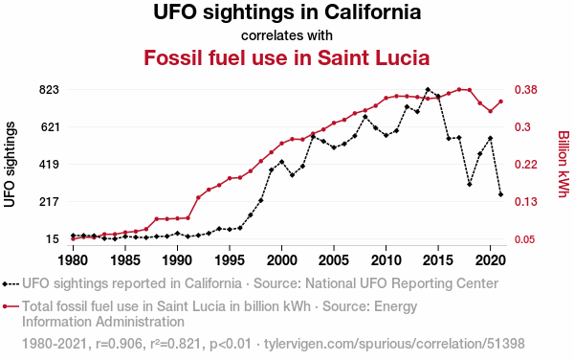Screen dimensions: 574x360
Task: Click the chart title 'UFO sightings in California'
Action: click(x=287, y=12)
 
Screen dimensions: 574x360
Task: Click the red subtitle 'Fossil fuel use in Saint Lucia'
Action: click(x=287, y=57)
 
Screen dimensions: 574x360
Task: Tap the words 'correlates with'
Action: click(x=287, y=35)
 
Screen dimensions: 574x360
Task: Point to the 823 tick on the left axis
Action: click(x=49, y=89)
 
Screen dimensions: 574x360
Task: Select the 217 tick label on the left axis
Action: click(x=49, y=201)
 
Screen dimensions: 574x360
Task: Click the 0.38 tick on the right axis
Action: click(x=525, y=89)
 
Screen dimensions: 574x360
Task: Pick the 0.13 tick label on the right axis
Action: click(x=525, y=201)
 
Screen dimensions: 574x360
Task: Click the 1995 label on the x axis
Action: click(x=230, y=260)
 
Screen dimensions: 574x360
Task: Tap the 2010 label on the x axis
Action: click(x=386, y=260)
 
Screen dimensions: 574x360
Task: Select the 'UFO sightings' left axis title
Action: click(x=10, y=165)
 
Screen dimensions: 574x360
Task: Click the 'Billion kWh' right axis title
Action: click(x=563, y=164)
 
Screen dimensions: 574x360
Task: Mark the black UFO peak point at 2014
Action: click(x=428, y=89)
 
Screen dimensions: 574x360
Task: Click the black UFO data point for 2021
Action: click(x=500, y=194)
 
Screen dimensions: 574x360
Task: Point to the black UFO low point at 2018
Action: click(x=470, y=184)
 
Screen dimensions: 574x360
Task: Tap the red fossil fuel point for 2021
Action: click(x=500, y=101)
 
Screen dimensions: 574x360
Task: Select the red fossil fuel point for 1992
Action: click(x=198, y=198)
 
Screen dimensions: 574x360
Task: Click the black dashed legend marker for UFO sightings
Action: click(x=11, y=283)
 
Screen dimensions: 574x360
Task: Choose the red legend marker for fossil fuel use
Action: click(x=11, y=306)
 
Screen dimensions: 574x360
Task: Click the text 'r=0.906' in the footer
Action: click(x=119, y=344)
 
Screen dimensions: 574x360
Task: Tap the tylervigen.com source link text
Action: click(x=394, y=344)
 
